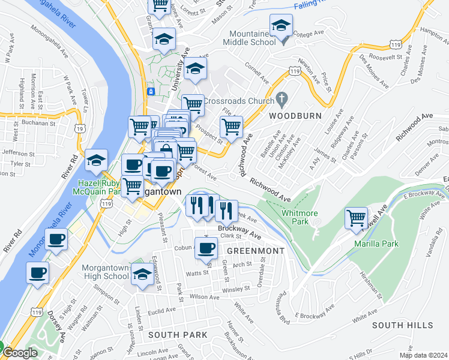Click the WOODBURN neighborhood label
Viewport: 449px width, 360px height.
pyautogui.click(x=295, y=115)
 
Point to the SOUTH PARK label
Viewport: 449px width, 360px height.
pyautogui.click(x=178, y=335)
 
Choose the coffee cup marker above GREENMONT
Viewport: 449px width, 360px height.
pyautogui.click(x=206, y=247)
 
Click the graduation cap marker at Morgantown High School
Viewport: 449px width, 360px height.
pyautogui.click(x=142, y=274)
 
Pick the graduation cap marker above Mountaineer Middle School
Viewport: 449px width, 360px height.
pyautogui.click(x=280, y=25)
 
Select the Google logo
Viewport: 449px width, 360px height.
pyautogui.click(x=19, y=353)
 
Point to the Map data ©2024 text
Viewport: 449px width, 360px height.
pyautogui.click(x=423, y=355)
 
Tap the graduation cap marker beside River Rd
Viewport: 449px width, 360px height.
pyautogui.click(x=96, y=160)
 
